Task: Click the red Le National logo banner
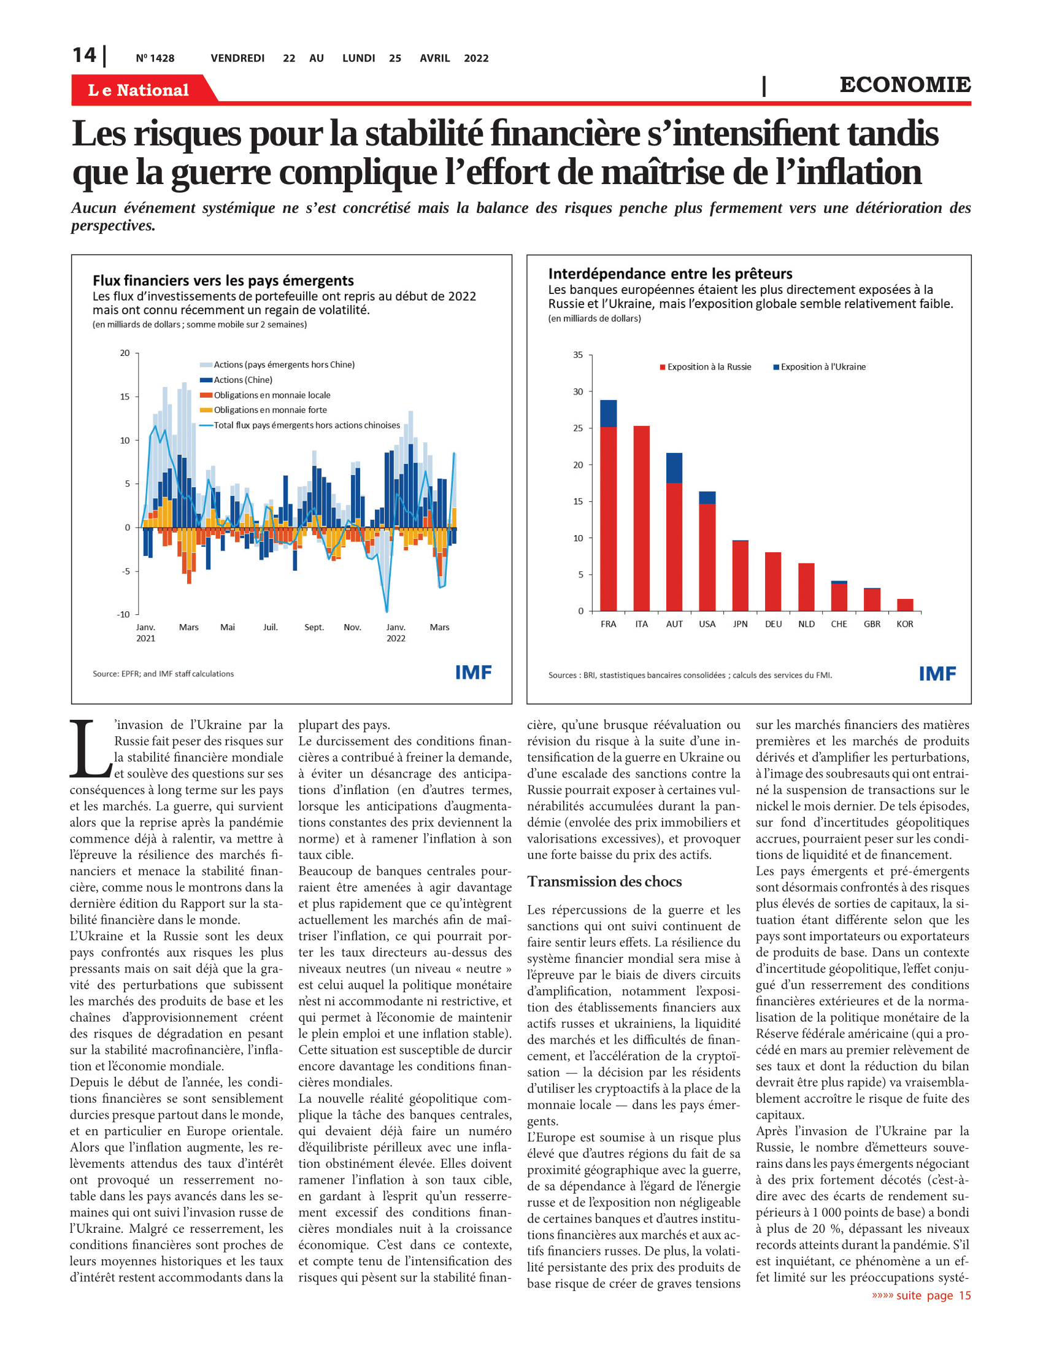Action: pos(144,89)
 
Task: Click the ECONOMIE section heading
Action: pos(904,85)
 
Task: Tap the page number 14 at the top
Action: pos(84,55)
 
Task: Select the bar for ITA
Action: pos(641,518)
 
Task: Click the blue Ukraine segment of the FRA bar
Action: pos(608,414)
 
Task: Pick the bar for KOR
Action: pos(904,604)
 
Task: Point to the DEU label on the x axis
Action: pos(773,624)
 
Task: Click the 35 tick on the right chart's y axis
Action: pos(578,355)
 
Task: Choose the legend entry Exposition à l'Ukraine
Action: pos(819,367)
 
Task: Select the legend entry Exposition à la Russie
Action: pos(706,367)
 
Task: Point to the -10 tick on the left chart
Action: pos(123,614)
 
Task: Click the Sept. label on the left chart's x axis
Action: pos(314,627)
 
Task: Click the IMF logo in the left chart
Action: pos(473,673)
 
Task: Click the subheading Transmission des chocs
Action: pos(604,881)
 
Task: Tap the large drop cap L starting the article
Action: pos(90,748)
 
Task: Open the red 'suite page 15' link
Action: pos(922,1295)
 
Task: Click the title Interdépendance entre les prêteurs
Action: pos(671,274)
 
